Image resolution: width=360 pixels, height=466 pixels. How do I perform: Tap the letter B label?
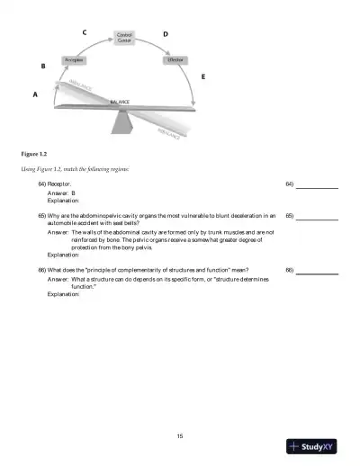tap(43, 67)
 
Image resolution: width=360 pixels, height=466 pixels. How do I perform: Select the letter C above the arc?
tap(85, 32)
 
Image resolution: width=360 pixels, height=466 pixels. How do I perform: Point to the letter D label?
tap(165, 33)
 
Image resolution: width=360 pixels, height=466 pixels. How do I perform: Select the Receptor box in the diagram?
tap(74, 59)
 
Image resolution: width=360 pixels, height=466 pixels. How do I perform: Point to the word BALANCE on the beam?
tap(120, 103)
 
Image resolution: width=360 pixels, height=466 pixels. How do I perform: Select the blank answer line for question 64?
tap(317, 187)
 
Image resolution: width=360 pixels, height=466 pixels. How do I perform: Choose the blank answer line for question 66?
tap(317, 296)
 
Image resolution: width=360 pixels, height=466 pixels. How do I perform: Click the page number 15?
tap(180, 436)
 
